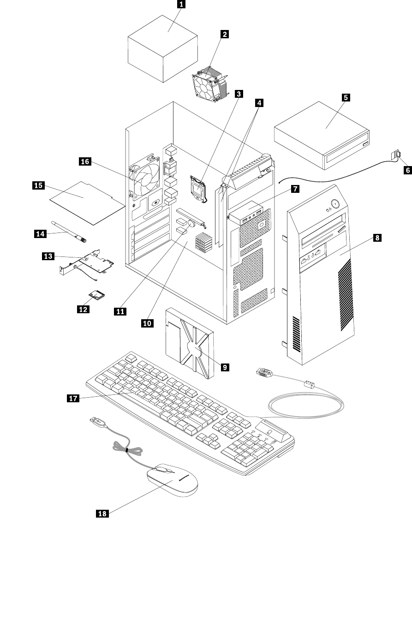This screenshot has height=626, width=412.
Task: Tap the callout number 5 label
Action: pyautogui.click(x=346, y=97)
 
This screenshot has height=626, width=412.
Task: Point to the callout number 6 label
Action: pyautogui.click(x=407, y=170)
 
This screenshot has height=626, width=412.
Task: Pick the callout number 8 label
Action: pyautogui.click(x=377, y=238)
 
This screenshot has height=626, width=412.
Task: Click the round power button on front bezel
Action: pyautogui.click(x=334, y=203)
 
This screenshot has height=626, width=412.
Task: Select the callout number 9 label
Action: pyautogui.click(x=225, y=367)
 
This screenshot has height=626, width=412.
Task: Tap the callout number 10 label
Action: pyautogui.click(x=147, y=323)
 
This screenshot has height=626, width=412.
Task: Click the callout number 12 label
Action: pyautogui.click(x=83, y=309)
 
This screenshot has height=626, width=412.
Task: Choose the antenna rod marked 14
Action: pyautogui.click(x=69, y=229)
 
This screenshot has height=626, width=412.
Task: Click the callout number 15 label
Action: pyautogui.click(x=38, y=185)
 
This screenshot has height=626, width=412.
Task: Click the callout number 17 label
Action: pyautogui.click(x=73, y=399)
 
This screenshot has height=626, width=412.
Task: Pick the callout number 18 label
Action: pyautogui.click(x=102, y=514)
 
